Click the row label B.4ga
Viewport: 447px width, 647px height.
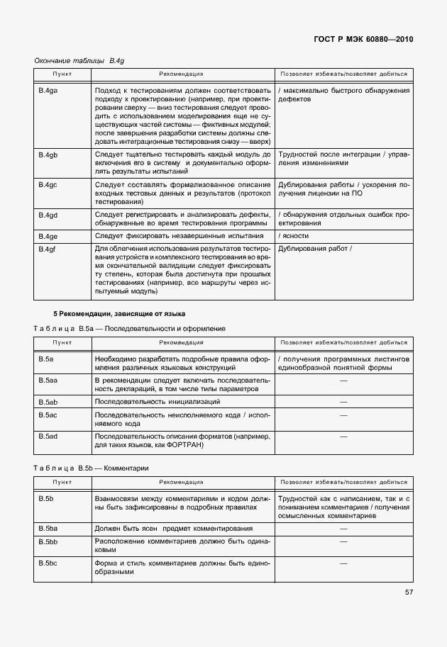48,90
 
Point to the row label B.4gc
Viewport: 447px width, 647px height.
48,184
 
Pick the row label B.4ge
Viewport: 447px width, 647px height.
48,236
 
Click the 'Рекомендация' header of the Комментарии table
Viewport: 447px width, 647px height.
181,482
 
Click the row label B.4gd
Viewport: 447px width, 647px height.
48,214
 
